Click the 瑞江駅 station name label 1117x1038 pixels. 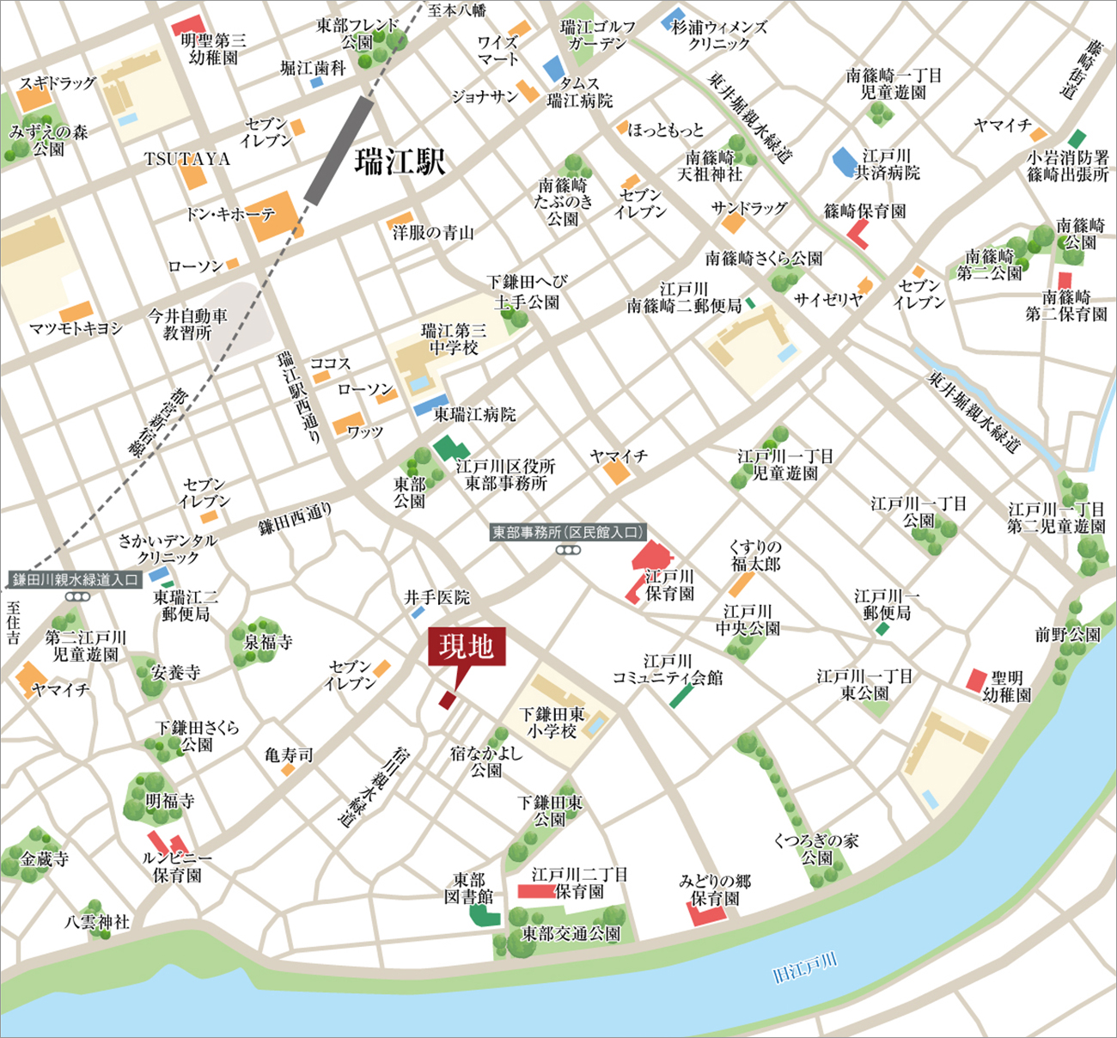point(400,161)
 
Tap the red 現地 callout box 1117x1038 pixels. point(467,646)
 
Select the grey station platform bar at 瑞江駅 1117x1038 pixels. point(339,150)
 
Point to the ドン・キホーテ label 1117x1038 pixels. point(230,214)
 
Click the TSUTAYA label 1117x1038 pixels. point(186,159)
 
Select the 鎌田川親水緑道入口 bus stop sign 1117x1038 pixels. point(76,580)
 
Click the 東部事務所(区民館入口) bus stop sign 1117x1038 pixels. point(567,533)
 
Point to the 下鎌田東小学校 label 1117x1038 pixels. point(552,723)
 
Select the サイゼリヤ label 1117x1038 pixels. point(827,299)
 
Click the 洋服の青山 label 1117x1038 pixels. point(433,232)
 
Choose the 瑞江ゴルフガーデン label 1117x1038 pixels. point(598,35)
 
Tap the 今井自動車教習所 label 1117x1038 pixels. point(187,324)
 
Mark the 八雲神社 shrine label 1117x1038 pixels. point(97,922)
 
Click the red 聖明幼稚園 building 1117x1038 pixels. point(976,681)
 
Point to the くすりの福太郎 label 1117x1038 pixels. point(755,555)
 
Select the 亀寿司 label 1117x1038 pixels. point(289,755)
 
